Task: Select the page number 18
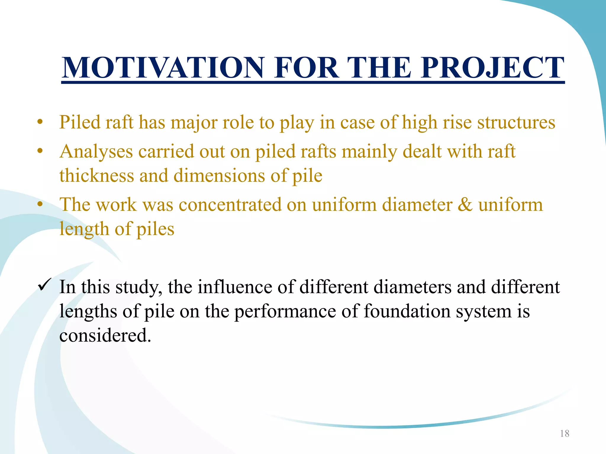[565, 434]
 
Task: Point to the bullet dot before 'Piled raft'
[41, 122]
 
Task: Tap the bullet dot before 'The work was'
[41, 205]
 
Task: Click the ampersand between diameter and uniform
[465, 205]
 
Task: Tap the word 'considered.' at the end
[105, 335]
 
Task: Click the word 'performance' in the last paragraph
[285, 311]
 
